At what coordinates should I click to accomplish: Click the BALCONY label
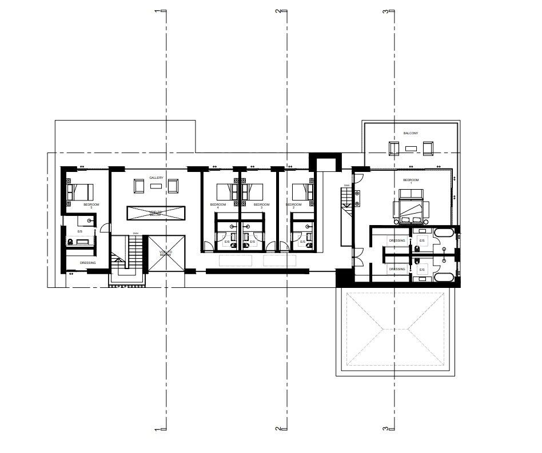tap(411, 133)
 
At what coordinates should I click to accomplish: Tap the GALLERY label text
tap(157, 178)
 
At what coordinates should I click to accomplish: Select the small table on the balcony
tap(411, 148)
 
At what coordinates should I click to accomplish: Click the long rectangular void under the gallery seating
tap(157, 213)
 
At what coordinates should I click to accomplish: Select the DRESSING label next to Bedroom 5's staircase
tap(87, 263)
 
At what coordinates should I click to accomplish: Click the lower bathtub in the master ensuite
tap(444, 277)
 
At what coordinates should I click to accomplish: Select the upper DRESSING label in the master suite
tap(397, 240)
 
